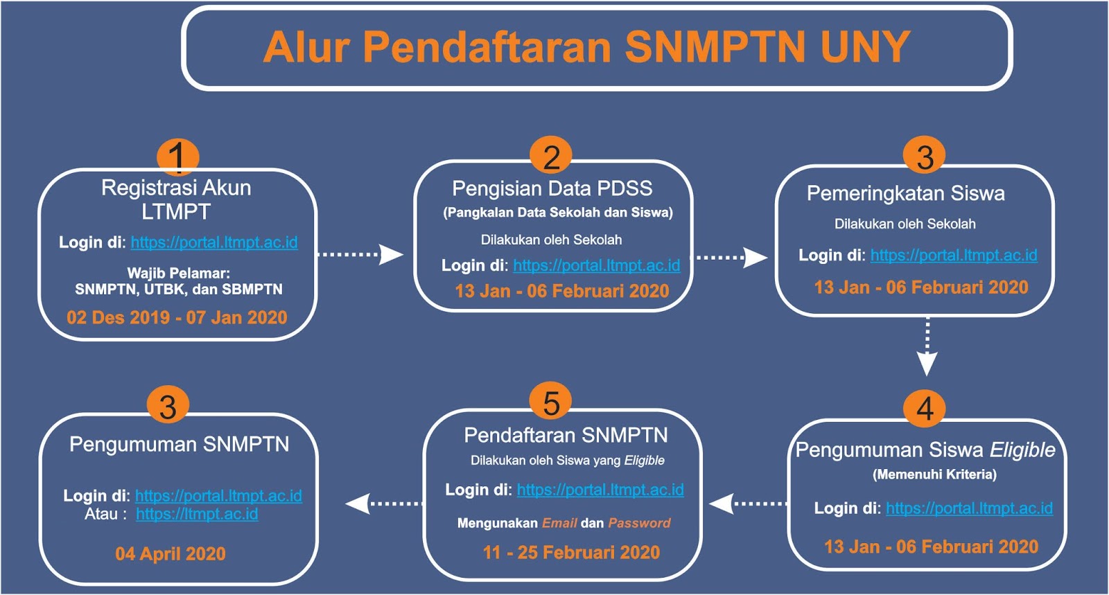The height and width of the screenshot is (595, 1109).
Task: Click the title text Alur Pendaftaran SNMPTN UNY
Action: [x=586, y=47]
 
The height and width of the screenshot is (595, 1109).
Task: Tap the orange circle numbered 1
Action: [x=177, y=157]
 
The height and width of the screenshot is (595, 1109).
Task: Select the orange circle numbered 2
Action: [x=550, y=157]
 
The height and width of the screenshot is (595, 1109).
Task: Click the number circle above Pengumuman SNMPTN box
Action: [x=168, y=406]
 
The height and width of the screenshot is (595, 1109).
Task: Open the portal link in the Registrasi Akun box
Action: [x=214, y=242]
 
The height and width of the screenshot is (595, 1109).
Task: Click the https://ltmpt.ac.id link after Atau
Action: [x=197, y=515]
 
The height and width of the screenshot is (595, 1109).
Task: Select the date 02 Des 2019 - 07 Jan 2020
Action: [x=177, y=317]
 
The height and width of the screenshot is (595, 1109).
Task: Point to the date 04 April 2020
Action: [x=171, y=553]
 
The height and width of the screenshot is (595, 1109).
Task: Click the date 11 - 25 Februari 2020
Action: [x=571, y=552]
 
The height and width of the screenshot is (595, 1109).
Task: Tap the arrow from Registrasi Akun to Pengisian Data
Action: [x=360, y=254]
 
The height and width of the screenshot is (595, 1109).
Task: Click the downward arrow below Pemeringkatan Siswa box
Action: [x=927, y=347]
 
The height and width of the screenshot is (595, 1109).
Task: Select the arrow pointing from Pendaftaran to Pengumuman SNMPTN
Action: [x=384, y=504]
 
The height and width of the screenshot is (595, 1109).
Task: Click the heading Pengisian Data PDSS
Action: [x=552, y=188]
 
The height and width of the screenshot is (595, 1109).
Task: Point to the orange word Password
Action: [x=639, y=523]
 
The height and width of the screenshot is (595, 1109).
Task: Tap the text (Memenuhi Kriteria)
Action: [x=934, y=474]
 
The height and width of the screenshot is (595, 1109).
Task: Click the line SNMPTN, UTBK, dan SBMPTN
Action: [x=179, y=290]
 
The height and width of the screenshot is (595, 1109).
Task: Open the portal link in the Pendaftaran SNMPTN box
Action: [x=600, y=490]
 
